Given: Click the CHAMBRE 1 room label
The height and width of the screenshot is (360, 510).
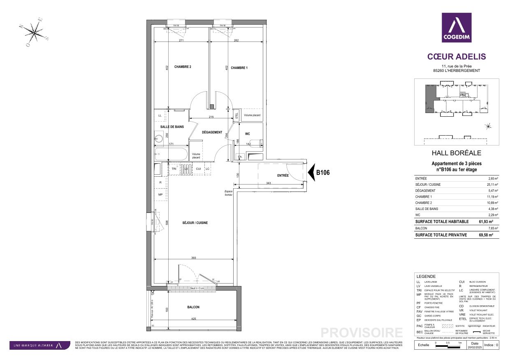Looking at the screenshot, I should (x=239, y=67).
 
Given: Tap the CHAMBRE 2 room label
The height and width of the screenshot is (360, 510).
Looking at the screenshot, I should (x=183, y=67).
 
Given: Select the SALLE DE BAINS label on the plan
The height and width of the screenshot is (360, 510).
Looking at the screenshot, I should (x=172, y=127).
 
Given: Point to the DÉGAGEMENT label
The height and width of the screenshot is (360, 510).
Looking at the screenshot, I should (x=212, y=133).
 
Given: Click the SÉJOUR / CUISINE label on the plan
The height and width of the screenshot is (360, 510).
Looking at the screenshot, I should (x=195, y=223).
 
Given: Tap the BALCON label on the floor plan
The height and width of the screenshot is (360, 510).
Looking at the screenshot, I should (x=193, y=307).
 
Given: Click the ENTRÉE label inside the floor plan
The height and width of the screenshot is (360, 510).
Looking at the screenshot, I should (x=283, y=176).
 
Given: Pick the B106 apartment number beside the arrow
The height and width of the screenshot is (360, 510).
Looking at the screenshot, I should (x=323, y=173).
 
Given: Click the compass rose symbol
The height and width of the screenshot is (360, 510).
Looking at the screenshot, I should (x=35, y=31).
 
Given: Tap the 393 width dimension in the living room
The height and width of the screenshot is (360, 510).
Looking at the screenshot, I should (x=193, y=258).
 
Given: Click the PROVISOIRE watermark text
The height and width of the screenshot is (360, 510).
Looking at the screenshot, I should (x=362, y=332).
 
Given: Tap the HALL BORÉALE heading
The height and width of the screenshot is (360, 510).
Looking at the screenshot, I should (x=456, y=153).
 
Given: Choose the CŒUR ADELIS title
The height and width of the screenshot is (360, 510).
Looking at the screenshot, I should (x=457, y=57).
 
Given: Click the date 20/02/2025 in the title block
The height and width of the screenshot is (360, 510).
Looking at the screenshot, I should (x=475, y=348).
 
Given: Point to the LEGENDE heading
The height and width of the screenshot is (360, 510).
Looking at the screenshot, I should (x=426, y=277).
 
